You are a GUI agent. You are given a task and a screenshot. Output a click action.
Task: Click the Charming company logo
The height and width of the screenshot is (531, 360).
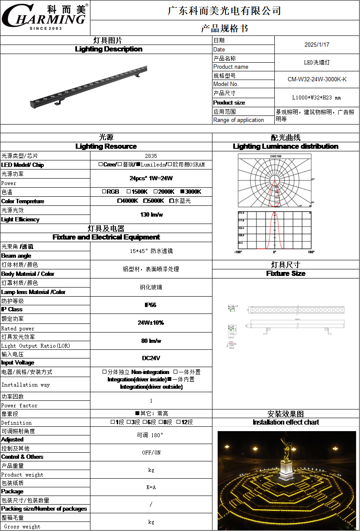coord(45,17)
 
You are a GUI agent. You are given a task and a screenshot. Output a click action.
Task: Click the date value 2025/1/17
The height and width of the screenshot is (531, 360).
coord(317,45)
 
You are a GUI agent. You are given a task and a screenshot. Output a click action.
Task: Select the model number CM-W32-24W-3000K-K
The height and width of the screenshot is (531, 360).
coord(317,80)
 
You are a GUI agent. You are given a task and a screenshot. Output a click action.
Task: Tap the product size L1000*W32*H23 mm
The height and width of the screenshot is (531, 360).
coord(317,98)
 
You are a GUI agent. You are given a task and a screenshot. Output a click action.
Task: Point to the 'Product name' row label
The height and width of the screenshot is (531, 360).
coord(231,67)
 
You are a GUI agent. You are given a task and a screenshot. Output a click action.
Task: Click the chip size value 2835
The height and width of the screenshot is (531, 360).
coord(151,156)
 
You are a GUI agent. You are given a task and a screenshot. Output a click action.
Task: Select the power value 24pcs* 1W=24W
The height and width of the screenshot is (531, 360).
coord(151,178)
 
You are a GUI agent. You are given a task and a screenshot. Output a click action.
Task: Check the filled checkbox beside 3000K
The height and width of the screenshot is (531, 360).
coord(182,192)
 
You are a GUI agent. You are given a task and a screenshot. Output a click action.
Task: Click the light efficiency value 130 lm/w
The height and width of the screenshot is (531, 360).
coord(151,214)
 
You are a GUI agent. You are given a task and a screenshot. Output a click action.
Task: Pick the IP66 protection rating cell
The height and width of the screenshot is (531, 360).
coord(151,305)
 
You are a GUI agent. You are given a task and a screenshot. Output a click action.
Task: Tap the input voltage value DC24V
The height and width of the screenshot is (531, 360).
coord(151,358)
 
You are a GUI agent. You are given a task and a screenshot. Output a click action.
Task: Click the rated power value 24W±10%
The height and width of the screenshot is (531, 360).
coord(151,323)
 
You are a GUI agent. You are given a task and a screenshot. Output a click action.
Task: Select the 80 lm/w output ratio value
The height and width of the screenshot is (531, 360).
coord(151,341)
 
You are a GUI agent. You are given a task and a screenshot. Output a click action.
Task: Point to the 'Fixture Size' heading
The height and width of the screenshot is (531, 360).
coord(286,274)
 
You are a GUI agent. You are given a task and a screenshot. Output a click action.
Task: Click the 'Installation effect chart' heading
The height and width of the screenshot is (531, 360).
coord(286,422)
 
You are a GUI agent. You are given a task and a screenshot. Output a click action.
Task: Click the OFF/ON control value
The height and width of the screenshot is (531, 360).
coord(151,453)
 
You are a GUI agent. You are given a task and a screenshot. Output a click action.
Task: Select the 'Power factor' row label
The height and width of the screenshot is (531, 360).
coord(19,406)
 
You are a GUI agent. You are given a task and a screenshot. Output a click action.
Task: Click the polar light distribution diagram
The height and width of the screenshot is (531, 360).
coord(274,180)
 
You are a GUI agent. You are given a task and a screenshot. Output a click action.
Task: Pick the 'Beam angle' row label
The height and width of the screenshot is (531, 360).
coord(16,256)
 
